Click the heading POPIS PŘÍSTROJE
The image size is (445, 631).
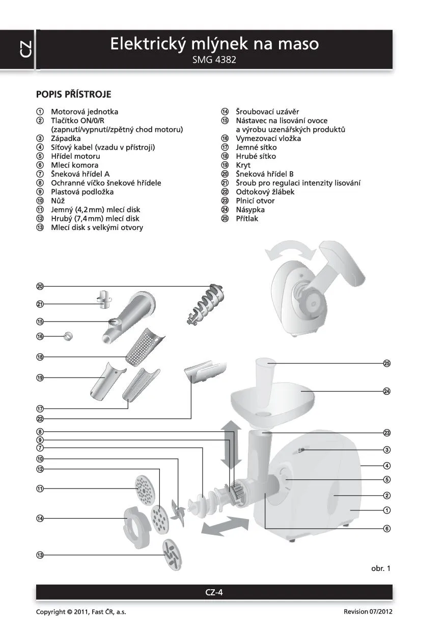[73, 95]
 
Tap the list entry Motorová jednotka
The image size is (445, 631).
[85, 111]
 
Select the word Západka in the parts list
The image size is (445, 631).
[66, 138]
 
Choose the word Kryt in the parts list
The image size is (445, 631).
[243, 165]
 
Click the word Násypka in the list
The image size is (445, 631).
[250, 210]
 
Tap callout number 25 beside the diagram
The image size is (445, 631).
[387, 363]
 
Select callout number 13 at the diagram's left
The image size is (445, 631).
[39, 554]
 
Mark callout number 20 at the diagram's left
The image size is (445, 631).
[39, 286]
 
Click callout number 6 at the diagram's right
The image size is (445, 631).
[387, 529]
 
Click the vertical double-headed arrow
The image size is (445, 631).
[231, 444]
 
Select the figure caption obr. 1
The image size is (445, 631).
[381, 568]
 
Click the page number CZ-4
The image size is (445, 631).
[214, 592]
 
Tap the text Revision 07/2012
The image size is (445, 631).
[368, 612]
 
